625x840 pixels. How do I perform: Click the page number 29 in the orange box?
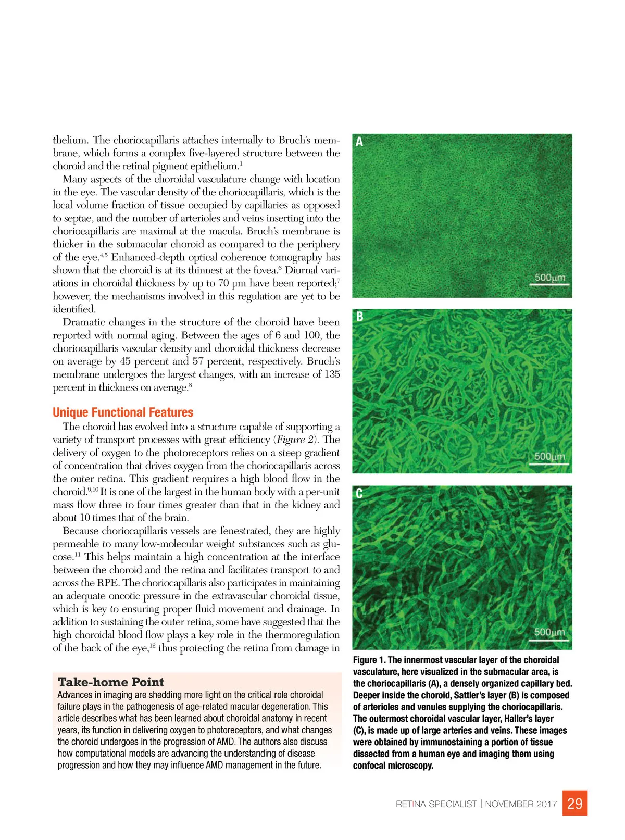(x=574, y=804)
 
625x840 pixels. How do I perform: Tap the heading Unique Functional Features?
(x=123, y=412)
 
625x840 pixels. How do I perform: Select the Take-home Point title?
(x=110, y=682)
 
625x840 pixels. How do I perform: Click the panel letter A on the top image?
(x=359, y=142)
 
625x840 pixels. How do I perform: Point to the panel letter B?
(x=359, y=316)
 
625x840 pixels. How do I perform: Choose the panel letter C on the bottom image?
(x=359, y=493)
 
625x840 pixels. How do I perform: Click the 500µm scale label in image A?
(x=550, y=278)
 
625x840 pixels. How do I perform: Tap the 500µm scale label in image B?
(x=550, y=456)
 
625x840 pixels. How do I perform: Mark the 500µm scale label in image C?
(x=550, y=632)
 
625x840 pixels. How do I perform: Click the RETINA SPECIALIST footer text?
(x=436, y=804)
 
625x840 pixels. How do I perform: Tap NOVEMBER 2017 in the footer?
(x=521, y=804)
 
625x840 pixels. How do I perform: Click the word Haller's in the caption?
(x=522, y=719)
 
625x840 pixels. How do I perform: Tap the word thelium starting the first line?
(x=71, y=140)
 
